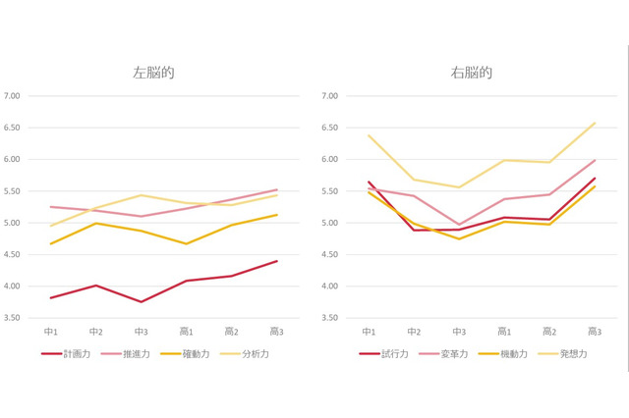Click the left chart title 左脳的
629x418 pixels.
pyautogui.click(x=154, y=73)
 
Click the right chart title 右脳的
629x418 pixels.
pyautogui.click(x=472, y=73)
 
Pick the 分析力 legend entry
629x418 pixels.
pyautogui.click(x=255, y=353)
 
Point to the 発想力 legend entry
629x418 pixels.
pyautogui.click(x=573, y=353)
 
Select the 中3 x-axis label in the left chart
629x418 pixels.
pyautogui.click(x=142, y=332)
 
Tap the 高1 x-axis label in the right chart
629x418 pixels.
pyautogui.click(x=504, y=332)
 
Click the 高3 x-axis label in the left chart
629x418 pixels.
pyautogui.click(x=276, y=332)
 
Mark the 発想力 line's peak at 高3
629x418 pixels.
pyautogui.click(x=595, y=123)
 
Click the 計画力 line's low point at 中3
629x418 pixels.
pyautogui.click(x=142, y=302)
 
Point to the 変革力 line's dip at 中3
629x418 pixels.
pyautogui.click(x=459, y=225)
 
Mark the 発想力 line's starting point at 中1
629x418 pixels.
pyautogui.click(x=369, y=135)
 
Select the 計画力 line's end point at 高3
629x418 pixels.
pyautogui.click(x=276, y=261)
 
